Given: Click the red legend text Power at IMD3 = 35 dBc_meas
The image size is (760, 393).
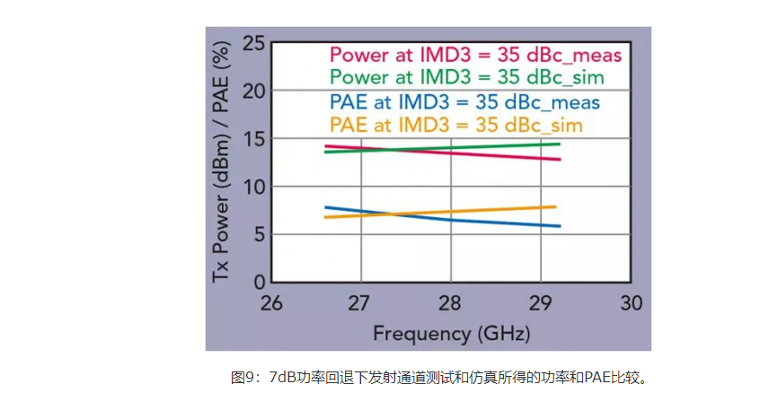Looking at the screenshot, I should pyautogui.click(x=476, y=55).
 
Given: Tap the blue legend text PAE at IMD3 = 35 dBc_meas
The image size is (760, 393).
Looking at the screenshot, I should pyautogui.click(x=465, y=101).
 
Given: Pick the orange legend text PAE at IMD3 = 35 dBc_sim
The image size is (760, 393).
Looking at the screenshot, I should pyautogui.click(x=456, y=124).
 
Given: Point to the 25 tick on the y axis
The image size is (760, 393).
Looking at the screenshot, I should pyautogui.click(x=254, y=42).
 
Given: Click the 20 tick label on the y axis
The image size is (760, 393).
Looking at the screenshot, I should pyautogui.click(x=254, y=91).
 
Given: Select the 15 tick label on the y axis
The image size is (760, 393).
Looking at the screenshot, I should pyautogui.click(x=254, y=139).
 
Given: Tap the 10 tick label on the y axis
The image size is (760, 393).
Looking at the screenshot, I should pyautogui.click(x=254, y=187).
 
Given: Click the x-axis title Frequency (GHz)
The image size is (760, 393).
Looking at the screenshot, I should pyautogui.click(x=451, y=334).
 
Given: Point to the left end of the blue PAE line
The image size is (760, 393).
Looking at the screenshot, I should pyautogui.click(x=325, y=207).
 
